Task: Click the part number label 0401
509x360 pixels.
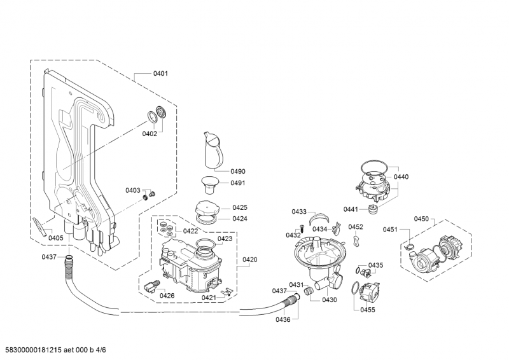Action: [160, 74]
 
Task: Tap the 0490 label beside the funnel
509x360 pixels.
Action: [238, 171]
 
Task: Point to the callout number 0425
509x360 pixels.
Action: [240, 207]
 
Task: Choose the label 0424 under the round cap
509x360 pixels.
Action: [240, 219]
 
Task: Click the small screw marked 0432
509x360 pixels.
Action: [296, 230]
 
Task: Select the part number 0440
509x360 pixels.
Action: [401, 176]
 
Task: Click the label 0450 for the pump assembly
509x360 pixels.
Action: [421, 219]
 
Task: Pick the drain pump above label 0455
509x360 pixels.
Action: [368, 293]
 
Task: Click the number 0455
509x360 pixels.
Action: [368, 310]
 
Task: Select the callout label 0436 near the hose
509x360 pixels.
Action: [283, 319]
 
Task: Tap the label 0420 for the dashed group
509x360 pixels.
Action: [250, 260]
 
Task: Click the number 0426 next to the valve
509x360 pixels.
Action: [167, 296]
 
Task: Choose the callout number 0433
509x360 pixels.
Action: [299, 212]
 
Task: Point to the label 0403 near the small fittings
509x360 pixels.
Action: [132, 190]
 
